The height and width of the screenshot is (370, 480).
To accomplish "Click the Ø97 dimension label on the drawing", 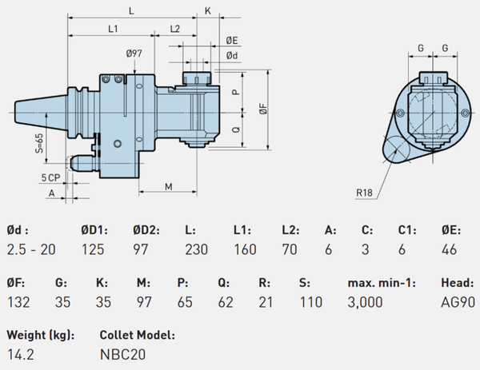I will pyautogui.click(x=134, y=54).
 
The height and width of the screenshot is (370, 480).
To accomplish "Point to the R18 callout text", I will pyautogui.click(x=364, y=193).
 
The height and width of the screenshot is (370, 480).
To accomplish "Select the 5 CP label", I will pyautogui.click(x=50, y=175).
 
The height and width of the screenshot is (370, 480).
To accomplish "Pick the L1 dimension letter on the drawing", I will pyautogui.click(x=113, y=29).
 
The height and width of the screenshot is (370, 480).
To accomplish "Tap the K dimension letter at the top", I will pyautogui.click(x=207, y=10).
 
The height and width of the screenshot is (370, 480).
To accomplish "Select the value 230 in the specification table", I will pyautogui.click(x=196, y=249).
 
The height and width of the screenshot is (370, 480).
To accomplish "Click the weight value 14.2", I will pyautogui.click(x=20, y=352).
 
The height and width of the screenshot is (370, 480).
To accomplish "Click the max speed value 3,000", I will pyautogui.click(x=365, y=301).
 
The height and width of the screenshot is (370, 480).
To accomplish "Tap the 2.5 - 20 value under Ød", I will pyautogui.click(x=31, y=249).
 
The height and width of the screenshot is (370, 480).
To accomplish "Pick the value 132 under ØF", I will pyautogui.click(x=19, y=301).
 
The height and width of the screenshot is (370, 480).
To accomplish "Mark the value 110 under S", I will pyautogui.click(x=310, y=301).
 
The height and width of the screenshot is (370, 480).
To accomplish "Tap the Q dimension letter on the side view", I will pyautogui.click(x=235, y=128).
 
